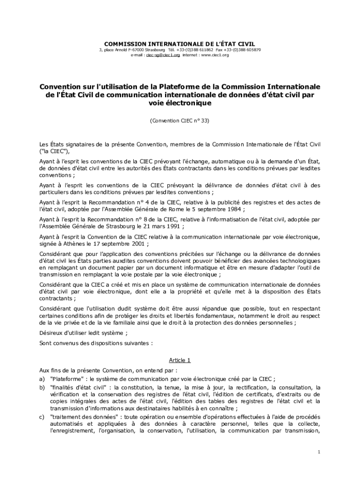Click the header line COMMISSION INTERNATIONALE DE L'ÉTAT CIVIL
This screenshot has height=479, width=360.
point(180,44)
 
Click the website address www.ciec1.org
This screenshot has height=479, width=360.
point(216,55)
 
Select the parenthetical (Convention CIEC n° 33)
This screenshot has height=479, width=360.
point(180,120)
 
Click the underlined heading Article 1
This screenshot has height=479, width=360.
point(180,360)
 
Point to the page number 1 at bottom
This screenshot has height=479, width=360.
point(318,452)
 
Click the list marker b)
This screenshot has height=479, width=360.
point(42,388)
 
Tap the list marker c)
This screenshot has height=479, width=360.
point(42,417)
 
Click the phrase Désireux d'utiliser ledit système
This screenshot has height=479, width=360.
point(82,333)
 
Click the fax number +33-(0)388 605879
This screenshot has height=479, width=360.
point(243,50)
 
